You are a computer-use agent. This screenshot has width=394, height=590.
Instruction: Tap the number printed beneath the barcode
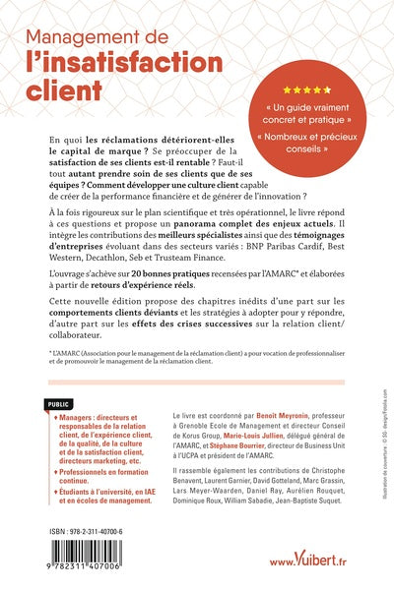click(94, 572)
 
